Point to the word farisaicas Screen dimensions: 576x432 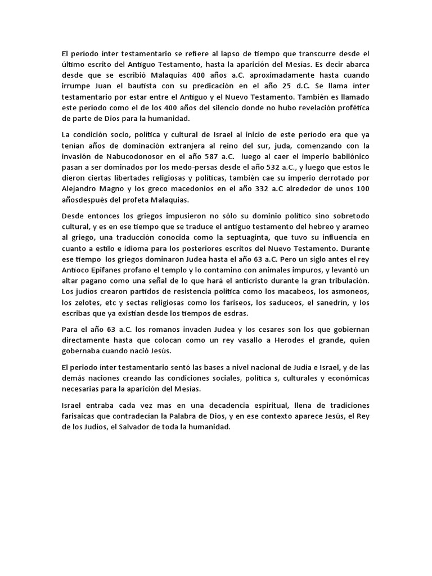(x=81, y=417)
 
